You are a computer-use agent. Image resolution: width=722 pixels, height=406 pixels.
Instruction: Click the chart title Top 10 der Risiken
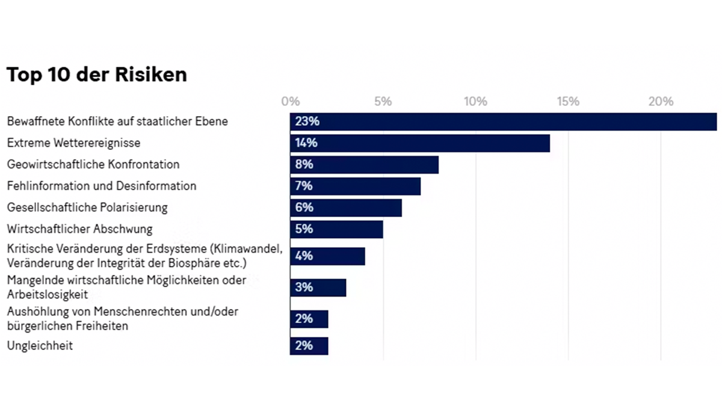96,75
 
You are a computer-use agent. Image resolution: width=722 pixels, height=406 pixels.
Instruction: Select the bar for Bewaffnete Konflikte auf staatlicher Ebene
503,121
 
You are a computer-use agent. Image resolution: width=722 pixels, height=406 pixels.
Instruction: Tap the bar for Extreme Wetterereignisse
420,143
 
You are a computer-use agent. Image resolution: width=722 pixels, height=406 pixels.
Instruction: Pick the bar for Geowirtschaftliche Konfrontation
364,164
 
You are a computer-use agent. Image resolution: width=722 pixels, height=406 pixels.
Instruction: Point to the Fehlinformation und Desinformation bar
355,186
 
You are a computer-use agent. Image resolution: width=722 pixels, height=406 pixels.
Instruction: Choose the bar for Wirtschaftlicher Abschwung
336,229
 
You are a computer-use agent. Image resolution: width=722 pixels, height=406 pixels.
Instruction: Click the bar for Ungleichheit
309,346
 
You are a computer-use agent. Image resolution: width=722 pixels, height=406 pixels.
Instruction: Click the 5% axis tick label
383,102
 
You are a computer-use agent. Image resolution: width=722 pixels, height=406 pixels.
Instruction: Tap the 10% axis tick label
475,102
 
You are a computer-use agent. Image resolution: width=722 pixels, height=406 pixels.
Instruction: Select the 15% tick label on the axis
568,102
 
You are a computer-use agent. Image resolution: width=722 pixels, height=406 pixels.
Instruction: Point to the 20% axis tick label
661,102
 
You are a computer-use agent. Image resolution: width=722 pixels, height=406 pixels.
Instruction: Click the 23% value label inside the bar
307,121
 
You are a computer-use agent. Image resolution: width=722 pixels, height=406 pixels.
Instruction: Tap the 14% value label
306,143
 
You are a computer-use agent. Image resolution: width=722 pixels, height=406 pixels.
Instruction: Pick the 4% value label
304,256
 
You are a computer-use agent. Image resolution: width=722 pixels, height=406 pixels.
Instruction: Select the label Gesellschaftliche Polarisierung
87,208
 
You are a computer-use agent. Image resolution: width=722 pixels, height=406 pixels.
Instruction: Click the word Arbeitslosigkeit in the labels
48,295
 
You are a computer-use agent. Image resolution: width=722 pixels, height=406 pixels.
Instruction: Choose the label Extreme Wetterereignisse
73,143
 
